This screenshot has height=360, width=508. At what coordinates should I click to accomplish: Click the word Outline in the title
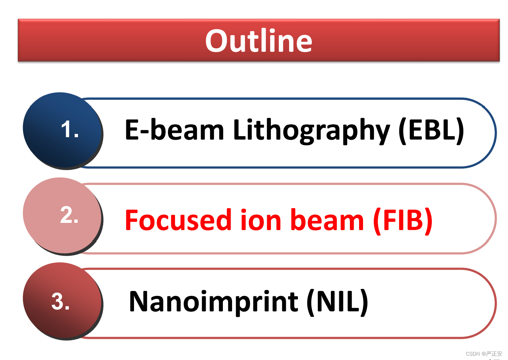(x=259, y=41)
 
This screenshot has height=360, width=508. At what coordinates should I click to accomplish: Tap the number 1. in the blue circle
(x=70, y=129)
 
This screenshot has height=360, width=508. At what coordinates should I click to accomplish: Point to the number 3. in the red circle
(x=60, y=301)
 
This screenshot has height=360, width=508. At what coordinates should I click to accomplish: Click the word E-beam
(x=175, y=130)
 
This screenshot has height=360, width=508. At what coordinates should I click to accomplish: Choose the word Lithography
(x=311, y=131)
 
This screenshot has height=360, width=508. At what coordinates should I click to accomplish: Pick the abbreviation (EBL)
(x=431, y=131)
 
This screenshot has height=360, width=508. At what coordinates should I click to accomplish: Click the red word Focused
(x=178, y=220)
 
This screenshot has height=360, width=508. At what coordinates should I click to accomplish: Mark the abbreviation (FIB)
(x=403, y=221)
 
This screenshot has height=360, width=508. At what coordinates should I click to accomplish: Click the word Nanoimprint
(x=213, y=303)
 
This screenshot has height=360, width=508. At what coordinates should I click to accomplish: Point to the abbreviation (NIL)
(x=337, y=303)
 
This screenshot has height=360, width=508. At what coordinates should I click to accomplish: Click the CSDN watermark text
(x=484, y=354)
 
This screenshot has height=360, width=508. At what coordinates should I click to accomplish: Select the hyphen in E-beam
(x=143, y=132)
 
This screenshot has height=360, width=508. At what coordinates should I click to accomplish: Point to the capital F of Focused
(x=131, y=220)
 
